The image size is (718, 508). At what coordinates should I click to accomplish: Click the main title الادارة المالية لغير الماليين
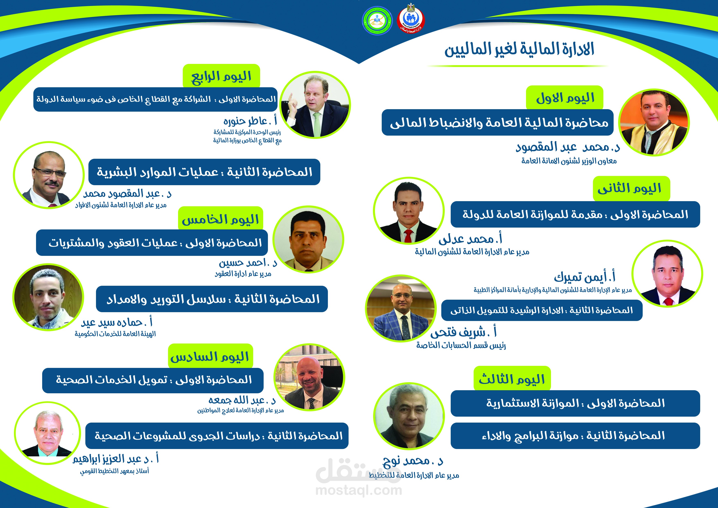(x=519, y=49)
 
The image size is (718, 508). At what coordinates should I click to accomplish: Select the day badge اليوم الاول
(x=565, y=98)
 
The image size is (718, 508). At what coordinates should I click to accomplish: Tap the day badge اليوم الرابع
(x=221, y=76)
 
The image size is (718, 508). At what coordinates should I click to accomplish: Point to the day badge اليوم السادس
(x=210, y=356)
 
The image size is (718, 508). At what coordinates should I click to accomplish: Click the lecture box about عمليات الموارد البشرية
(x=204, y=172)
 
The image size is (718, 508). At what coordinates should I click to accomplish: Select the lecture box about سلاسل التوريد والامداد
(x=212, y=299)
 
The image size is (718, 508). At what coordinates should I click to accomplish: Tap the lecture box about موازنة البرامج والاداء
(x=575, y=436)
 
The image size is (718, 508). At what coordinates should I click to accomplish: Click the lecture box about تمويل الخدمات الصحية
(x=153, y=380)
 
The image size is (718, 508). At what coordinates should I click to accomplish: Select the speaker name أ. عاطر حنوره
(x=250, y=120)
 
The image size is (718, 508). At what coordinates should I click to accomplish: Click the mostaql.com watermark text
(x=359, y=490)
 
